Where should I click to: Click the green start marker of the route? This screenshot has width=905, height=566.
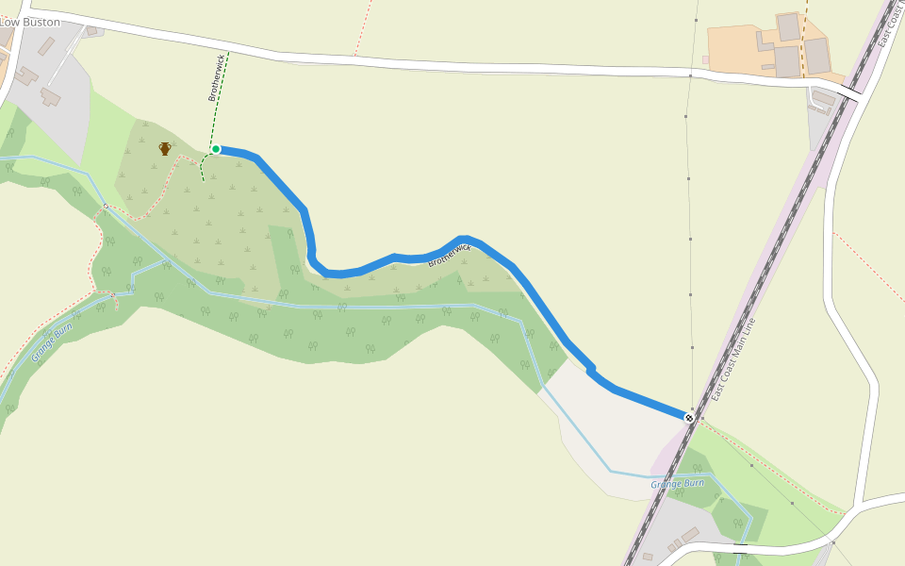coord(216,149)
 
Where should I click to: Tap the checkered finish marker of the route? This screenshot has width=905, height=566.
coord(689,418)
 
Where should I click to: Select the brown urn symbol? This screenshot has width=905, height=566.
coord(165,148)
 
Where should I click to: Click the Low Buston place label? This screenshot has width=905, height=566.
coord(30,22)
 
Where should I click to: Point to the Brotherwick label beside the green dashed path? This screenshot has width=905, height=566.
coord(216,77)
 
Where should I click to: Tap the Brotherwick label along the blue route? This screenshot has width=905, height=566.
coord(449,255)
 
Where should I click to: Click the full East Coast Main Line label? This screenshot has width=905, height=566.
coord(734,358)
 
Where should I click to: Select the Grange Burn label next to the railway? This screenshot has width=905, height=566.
coord(677,484)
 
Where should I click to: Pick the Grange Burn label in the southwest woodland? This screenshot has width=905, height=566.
coord(51,342)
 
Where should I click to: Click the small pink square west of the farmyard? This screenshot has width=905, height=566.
coord(705,59)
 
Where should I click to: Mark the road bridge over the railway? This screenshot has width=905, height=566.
coord(851,92)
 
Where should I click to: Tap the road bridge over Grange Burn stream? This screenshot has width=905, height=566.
coord(741,545)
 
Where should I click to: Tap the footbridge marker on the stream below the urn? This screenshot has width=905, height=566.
coord(105,207)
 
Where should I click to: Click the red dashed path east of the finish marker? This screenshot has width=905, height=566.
coord(773,462)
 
